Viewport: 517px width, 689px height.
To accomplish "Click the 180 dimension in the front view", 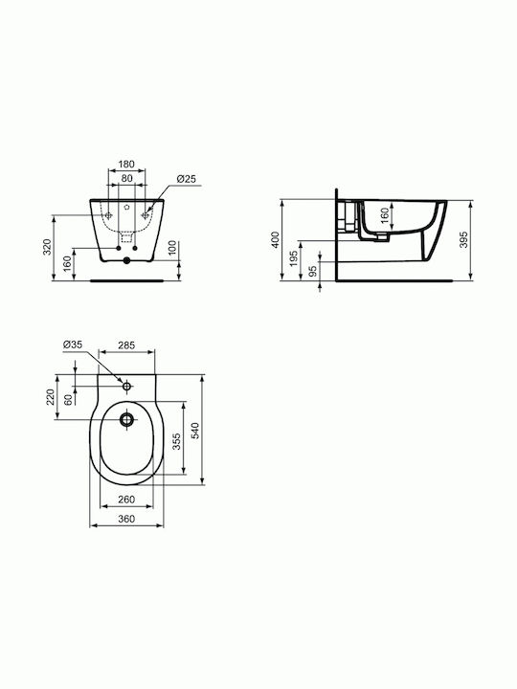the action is click(x=126, y=165).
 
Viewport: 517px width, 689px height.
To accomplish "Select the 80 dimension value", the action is click(x=126, y=178).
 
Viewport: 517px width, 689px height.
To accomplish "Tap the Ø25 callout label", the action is click(x=187, y=179).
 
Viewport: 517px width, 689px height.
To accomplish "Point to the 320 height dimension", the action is click(x=48, y=247).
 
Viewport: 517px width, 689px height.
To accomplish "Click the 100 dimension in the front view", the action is click(x=172, y=248).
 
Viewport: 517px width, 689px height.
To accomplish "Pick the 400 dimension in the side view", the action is click(x=275, y=240).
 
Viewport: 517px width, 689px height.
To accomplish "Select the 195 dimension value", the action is click(x=294, y=258).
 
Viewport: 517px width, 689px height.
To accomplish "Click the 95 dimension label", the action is click(x=313, y=271).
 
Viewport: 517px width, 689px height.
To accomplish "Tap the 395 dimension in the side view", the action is click(x=463, y=239).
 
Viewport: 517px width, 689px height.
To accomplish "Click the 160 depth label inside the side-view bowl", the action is click(x=384, y=215).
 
